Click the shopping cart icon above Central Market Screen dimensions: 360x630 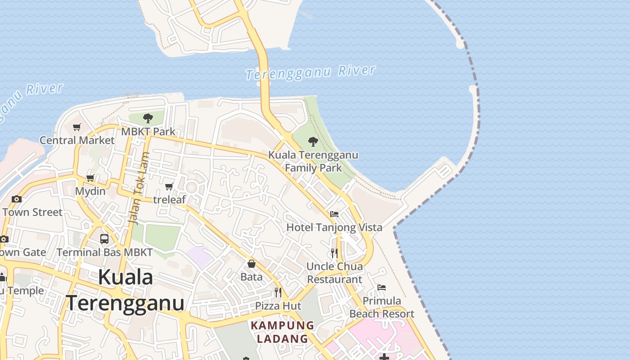pos(77,127)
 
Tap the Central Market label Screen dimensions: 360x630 pos(77,140)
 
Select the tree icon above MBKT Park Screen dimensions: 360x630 pos(148,119)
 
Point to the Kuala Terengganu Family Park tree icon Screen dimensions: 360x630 pos(313,142)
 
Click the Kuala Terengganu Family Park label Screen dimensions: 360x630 pos(314,162)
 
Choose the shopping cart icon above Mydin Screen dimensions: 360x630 pos(90,178)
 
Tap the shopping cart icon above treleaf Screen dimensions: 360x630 pos(169,187)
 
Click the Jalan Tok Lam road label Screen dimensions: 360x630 pos(139,188)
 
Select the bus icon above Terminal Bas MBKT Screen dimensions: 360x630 pos(104,239)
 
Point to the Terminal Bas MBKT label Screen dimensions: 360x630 pos(105,252)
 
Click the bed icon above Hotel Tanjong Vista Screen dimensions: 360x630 pos(334,214)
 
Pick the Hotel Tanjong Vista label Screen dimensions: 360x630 pos(334,227)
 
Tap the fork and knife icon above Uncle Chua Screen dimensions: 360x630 pos(334,253)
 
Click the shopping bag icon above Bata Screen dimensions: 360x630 pos(252,264)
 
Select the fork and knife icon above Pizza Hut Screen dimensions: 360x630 pos(278,293)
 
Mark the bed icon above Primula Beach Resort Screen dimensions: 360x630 pos(382,288)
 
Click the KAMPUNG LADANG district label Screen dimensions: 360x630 pos(283,332)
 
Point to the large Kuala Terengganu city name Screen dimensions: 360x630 pos(126,290)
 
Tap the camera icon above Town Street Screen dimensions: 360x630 pos(17,199)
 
